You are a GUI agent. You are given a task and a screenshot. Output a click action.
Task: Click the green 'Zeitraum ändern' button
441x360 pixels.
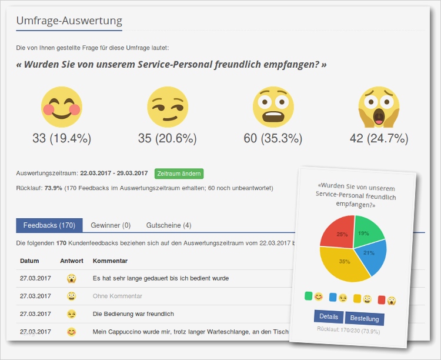coord(179,174)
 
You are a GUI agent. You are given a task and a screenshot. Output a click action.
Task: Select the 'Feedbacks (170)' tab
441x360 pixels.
coord(49,225)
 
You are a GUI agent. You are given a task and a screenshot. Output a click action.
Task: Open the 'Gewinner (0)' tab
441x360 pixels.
coord(111,225)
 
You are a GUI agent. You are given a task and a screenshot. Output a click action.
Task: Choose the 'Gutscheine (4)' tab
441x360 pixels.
coord(169,225)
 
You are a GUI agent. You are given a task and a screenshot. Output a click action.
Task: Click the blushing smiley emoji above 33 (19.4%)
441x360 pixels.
coord(61,107)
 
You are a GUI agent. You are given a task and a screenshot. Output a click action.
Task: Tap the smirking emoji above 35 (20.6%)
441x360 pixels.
coord(167,107)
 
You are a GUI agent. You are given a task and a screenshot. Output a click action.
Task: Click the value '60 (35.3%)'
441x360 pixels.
coord(273,139)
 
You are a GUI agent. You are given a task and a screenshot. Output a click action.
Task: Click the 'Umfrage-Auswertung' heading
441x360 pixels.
coord(69,21)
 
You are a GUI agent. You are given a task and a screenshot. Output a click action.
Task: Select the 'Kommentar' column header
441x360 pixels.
coord(111,261)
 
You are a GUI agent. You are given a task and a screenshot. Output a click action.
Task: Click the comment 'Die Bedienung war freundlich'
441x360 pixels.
coord(133,314)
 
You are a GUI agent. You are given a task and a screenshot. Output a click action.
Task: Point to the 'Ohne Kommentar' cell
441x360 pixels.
coord(118,296)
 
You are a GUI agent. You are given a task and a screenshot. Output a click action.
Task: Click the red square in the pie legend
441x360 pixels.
coord(381,299)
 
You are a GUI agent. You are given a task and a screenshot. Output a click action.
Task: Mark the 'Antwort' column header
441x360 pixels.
coord(72,261)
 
